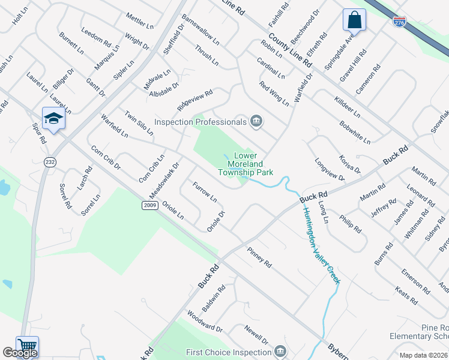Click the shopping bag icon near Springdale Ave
[x=354, y=20]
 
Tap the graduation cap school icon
[x=53, y=118]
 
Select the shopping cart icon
[x=27, y=346]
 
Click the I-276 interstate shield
[x=399, y=22]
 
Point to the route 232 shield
[x=50, y=162]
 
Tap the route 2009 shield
[x=150, y=206]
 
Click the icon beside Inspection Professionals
[x=256, y=122]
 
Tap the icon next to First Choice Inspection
[x=280, y=352]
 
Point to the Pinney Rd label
[x=259, y=257]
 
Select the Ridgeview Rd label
[x=195, y=101]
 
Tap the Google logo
[x=20, y=353]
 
